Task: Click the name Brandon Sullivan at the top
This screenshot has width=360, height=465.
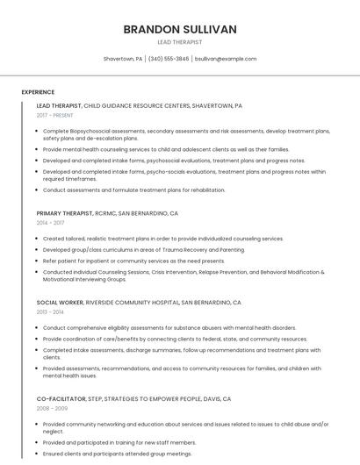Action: tap(180, 29)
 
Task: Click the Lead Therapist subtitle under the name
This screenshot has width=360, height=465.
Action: tap(180, 42)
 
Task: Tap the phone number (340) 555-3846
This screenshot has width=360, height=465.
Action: tap(169, 59)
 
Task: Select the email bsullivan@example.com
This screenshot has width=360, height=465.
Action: tap(226, 59)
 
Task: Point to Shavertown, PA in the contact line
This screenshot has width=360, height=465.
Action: tap(123, 59)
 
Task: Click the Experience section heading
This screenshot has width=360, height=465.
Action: tap(38, 92)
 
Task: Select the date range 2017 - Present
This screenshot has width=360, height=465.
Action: tap(55, 115)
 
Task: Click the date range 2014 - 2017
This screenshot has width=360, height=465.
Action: tap(51, 223)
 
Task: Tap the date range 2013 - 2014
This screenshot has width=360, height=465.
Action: tap(51, 311)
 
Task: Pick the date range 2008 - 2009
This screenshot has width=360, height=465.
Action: tap(51, 408)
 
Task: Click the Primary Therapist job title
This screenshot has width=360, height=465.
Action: tap(65, 213)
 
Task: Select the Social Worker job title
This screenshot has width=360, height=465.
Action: tap(60, 302)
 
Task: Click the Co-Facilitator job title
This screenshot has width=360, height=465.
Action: tap(61, 398)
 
